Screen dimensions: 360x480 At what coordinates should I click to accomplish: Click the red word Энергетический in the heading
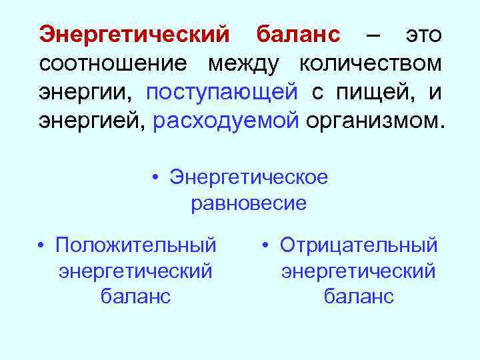134,34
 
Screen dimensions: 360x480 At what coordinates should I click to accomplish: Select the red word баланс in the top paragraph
299,34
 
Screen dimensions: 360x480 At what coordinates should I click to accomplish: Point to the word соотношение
113,64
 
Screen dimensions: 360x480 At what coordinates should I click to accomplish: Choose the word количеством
371,64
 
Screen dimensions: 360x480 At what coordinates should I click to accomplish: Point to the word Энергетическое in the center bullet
249,177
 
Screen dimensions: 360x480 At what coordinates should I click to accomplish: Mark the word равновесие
249,203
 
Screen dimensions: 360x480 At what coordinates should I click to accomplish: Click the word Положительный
136,245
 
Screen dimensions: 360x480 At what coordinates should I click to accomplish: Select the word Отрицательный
359,245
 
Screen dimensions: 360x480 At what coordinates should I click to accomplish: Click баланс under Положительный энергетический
136,296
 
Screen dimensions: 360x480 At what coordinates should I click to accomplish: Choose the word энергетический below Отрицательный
359,271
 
